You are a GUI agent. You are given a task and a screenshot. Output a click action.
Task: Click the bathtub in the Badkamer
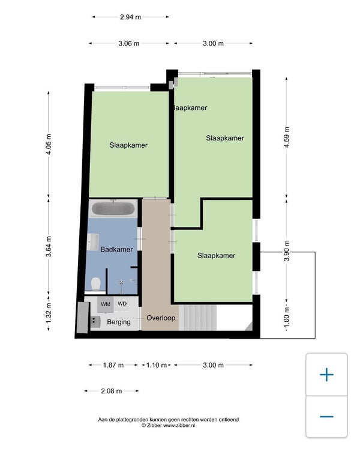coord(113,208)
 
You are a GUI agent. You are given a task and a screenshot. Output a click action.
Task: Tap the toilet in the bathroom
coord(96,283)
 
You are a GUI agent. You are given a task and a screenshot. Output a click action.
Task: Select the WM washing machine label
coord(106,304)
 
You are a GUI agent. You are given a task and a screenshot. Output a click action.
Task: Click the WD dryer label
coord(122,303)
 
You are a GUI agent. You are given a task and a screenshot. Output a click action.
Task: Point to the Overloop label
coord(161,318)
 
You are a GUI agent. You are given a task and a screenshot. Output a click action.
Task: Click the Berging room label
coord(119,322)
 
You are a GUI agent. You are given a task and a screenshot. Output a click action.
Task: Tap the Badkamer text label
coord(116,249)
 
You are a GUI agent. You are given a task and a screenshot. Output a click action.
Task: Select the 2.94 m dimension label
coord(130,17)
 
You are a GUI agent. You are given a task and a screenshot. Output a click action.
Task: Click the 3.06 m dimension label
coord(129,43)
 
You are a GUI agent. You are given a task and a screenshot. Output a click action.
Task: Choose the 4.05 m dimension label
coord(49,144)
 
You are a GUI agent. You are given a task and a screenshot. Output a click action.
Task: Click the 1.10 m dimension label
coord(157,365)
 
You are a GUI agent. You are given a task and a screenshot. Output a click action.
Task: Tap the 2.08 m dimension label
coord(112,392)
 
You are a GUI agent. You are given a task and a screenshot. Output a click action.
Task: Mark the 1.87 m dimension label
coord(113,365)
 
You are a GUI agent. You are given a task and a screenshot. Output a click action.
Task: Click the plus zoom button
coord(326,375)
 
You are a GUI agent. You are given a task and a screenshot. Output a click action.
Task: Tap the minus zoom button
coord(326,417)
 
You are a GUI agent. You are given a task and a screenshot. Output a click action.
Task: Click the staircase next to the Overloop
coord(198,318)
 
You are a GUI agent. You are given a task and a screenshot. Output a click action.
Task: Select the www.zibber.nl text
coord(179,426)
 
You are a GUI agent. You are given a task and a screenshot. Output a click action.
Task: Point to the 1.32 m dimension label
coord(49,313)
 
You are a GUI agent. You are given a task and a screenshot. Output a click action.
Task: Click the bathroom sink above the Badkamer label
coord(92,242)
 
